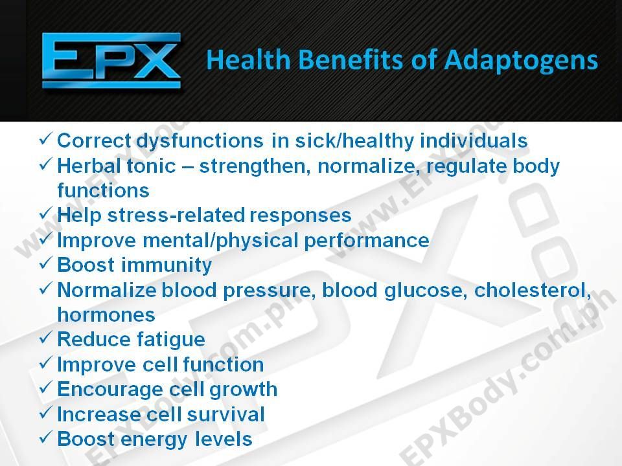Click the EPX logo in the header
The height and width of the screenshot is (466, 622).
click(111, 61)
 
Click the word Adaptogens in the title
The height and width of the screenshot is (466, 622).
click(520, 61)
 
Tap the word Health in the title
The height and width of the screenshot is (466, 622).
click(249, 60)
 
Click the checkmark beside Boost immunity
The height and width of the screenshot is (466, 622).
click(45, 262)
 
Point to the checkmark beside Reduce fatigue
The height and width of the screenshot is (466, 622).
click(45, 337)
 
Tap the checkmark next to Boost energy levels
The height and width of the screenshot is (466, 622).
click(45, 437)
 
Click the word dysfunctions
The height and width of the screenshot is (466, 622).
click(200, 141)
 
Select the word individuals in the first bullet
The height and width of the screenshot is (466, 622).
click(474, 140)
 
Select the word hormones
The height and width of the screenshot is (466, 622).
click(106, 315)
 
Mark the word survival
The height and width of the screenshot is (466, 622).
click(225, 414)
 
